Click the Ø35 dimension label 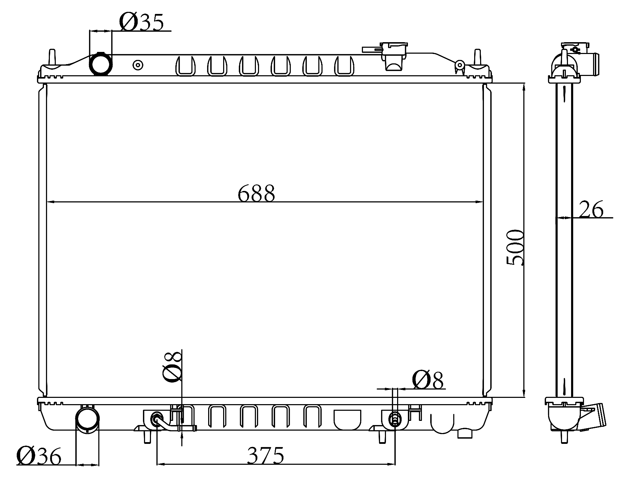pos(141,23)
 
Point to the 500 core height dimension pos(515,247)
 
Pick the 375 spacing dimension pos(266,455)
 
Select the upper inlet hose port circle pos(101,63)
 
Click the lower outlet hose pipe pos(88,420)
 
